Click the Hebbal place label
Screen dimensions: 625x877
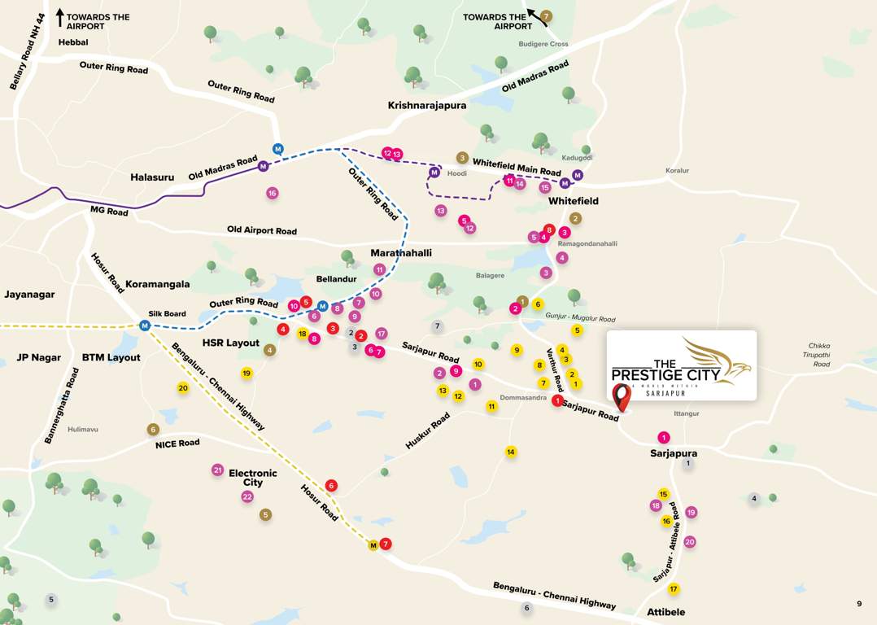coord(73,42)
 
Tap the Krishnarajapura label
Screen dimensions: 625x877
coord(427,106)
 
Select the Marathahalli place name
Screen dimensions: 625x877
coord(401,253)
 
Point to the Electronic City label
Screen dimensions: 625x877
coord(253,478)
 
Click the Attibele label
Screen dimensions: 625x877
coord(666,612)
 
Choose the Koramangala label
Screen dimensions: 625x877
coord(158,285)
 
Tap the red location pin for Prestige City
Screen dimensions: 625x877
coord(622,397)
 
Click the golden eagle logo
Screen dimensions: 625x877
coord(716,360)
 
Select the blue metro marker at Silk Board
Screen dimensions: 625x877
coord(145,326)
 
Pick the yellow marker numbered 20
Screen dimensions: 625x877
coord(183,388)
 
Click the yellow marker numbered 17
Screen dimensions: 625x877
coord(674,589)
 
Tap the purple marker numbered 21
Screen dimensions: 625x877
coord(217,470)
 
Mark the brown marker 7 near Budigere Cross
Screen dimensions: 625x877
coord(546,16)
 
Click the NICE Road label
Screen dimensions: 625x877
coord(177,444)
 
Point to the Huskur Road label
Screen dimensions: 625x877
coord(428,431)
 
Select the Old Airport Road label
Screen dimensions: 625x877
coord(262,231)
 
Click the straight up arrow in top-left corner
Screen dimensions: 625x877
coord(60,15)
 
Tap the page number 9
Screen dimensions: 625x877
coord(859,604)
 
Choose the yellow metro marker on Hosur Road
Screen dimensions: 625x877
coord(373,545)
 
